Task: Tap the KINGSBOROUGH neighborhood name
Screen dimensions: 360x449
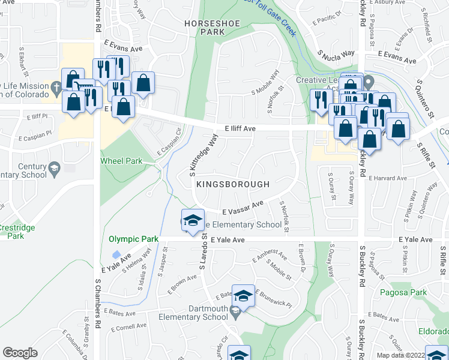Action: pos(231,184)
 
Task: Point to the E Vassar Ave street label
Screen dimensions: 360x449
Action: pos(243,209)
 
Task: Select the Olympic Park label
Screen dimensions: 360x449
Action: pos(133,239)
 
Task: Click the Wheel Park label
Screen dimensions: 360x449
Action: pos(121,161)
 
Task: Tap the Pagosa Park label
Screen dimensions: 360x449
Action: pos(403,293)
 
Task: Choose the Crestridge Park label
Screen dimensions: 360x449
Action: pos(17,232)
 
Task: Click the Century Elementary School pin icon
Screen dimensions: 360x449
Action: pos(55,167)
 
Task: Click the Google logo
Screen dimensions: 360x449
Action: pos(20,353)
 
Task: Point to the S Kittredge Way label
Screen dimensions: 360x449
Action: pos(203,155)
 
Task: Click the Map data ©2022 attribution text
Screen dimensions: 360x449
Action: pos(401,355)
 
